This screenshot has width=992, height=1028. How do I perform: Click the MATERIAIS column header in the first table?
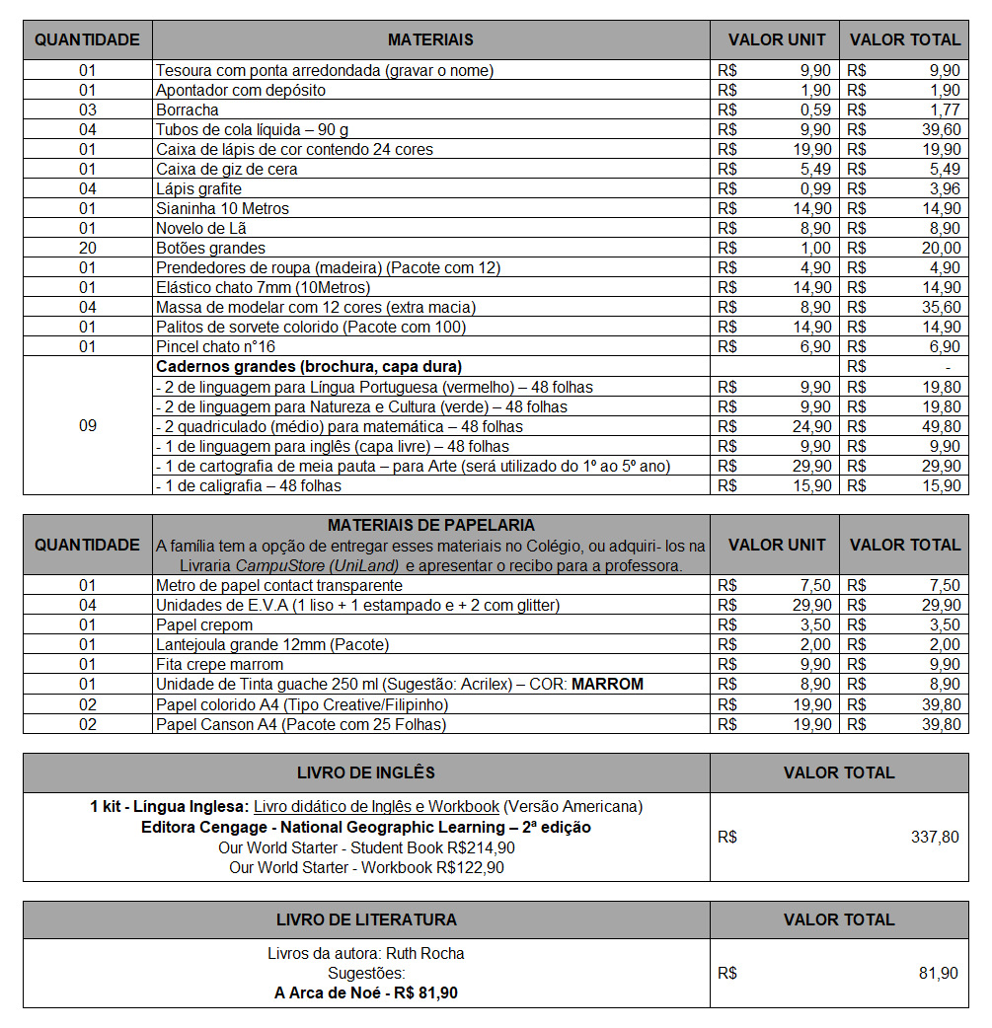pyautogui.click(x=430, y=40)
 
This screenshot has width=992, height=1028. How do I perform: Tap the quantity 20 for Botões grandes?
pyautogui.click(x=88, y=248)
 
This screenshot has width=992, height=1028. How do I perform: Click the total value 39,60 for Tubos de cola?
pyautogui.click(x=940, y=129)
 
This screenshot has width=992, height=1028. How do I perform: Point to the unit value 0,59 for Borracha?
pyautogui.click(x=815, y=110)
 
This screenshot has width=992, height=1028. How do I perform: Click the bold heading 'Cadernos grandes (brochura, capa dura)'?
pyautogui.click(x=308, y=366)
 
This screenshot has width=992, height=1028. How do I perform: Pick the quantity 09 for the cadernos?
pyautogui.click(x=88, y=425)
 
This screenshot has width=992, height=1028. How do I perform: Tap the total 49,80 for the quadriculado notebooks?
pyautogui.click(x=940, y=426)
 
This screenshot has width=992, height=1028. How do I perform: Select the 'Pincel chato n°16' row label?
pyautogui.click(x=215, y=346)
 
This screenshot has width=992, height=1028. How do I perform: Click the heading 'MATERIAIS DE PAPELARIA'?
pyautogui.click(x=430, y=525)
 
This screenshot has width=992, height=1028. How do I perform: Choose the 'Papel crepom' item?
pyautogui.click(x=204, y=624)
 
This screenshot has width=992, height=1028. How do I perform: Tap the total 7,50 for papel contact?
pyautogui.click(x=944, y=585)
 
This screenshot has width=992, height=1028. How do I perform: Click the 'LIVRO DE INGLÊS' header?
pyautogui.click(x=366, y=772)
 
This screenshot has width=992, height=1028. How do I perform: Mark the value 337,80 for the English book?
pyautogui.click(x=934, y=837)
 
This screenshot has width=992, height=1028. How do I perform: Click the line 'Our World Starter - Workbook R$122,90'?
pyautogui.click(x=366, y=867)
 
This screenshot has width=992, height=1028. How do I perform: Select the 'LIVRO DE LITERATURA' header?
pyautogui.click(x=366, y=919)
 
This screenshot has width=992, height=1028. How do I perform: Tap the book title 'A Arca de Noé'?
pyautogui.click(x=331, y=992)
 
